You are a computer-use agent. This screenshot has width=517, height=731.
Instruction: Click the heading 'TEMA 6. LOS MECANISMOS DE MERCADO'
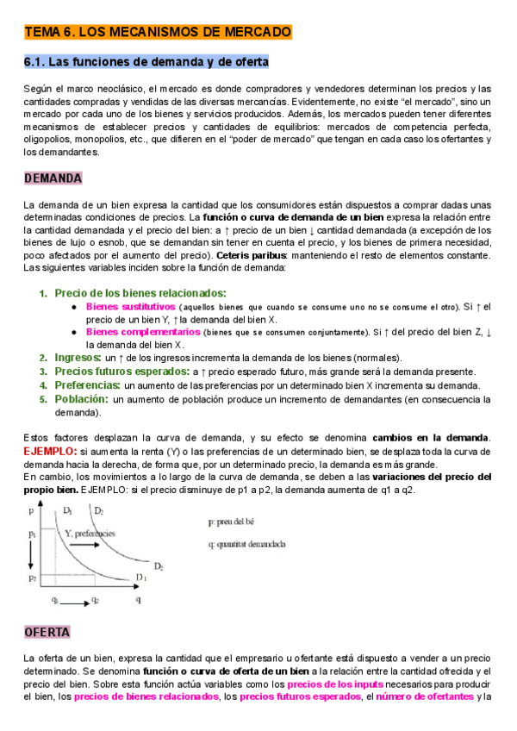coord(158,32)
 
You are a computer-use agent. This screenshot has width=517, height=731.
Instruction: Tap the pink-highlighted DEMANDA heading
coord(53,178)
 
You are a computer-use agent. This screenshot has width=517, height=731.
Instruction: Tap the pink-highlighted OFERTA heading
coord(47,632)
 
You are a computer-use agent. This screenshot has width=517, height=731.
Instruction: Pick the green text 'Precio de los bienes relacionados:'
coord(140,293)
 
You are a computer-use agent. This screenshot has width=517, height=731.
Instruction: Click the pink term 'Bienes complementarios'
coord(142,331)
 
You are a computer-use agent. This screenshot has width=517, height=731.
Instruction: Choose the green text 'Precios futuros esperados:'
coord(121,371)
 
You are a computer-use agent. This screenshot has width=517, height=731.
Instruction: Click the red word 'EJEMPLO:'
coord(50,451)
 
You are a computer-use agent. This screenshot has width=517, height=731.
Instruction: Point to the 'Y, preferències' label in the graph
coord(90,534)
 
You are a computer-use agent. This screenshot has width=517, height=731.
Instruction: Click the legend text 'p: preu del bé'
coord(235,522)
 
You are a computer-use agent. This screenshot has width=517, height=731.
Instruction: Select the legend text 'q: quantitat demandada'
coord(247,544)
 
